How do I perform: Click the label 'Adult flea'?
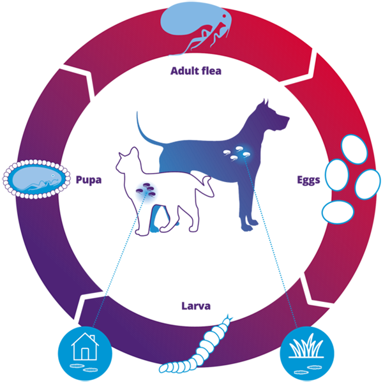pyautogui.click(x=196, y=71)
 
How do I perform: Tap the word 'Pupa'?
pyautogui.click(x=89, y=180)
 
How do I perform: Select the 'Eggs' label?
pyautogui.click(x=308, y=180)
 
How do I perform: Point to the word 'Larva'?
pyautogui.click(x=196, y=306)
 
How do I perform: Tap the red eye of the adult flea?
pyautogui.click(x=224, y=16)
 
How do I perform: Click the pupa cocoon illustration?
pyautogui.click(x=36, y=179)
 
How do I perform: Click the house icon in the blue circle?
pyautogui.click(x=85, y=347)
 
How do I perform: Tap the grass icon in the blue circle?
pyautogui.click(x=306, y=347)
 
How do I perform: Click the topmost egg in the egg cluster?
pyautogui.click(x=354, y=149)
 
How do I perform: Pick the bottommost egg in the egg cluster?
pyautogui.click(x=338, y=212)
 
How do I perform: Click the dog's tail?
pyautogui.click(x=144, y=134)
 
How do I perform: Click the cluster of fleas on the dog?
pyautogui.click(x=236, y=153)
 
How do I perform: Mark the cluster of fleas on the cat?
pyautogui.click(x=146, y=190)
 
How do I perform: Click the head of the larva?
pyautogui.click(x=229, y=319)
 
